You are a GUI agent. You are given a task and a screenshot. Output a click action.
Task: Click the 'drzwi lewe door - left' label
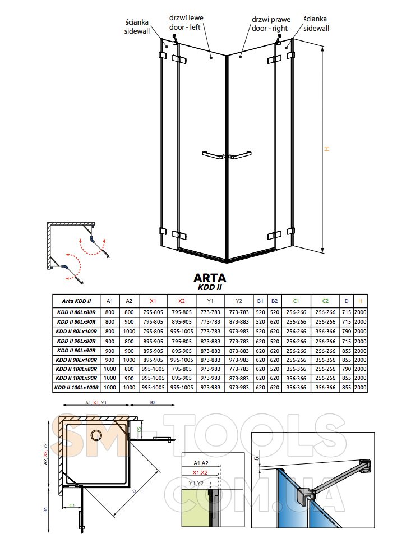click(186, 22)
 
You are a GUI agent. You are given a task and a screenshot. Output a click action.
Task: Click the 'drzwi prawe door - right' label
click(271, 24)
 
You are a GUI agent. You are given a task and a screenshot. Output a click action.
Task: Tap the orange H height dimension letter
click(327, 149)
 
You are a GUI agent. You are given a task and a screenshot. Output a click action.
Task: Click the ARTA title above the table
click(210, 277)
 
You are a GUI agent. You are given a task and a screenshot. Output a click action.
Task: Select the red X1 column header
click(153, 301)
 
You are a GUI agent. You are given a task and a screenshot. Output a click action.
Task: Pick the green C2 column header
click(325, 301)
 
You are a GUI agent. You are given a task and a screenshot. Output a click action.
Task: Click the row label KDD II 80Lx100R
click(76, 332)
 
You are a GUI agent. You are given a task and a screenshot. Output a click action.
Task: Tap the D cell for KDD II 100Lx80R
click(347, 369)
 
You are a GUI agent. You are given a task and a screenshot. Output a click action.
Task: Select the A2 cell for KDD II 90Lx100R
click(129, 360)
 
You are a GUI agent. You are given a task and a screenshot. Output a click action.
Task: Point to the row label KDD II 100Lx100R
click(76, 388)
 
